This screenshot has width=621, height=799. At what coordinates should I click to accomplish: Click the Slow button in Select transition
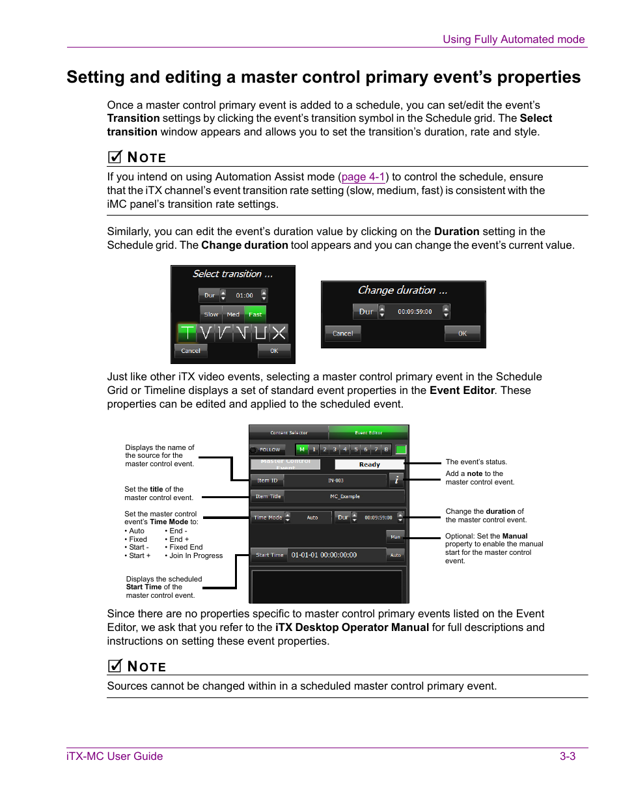[x=211, y=314]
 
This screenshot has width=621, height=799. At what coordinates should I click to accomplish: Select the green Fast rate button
[x=255, y=314]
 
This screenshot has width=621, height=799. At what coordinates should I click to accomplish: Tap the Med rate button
[x=233, y=314]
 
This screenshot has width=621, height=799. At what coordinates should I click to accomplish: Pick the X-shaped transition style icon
[x=279, y=333]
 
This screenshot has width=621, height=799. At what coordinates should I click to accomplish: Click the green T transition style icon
[x=187, y=333]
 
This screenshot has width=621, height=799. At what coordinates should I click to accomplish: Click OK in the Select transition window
[x=274, y=350]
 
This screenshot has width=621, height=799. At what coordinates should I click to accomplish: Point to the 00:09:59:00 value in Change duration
[x=415, y=312]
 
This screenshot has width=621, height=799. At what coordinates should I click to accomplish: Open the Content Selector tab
[x=289, y=433]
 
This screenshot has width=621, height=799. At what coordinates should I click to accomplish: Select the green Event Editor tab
[x=368, y=433]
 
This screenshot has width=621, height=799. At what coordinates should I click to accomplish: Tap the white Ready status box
[x=369, y=464]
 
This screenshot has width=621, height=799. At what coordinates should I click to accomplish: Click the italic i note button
[x=396, y=480]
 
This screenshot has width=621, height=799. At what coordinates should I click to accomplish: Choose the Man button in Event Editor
[x=395, y=537]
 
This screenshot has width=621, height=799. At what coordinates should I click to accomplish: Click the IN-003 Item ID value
[x=335, y=481]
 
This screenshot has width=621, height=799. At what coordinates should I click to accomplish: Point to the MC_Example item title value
[x=344, y=496]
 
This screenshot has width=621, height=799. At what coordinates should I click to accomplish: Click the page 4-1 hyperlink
[x=363, y=177]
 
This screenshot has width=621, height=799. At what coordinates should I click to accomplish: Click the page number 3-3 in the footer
[x=567, y=756]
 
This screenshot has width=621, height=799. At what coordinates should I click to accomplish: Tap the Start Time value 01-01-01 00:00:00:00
[x=324, y=555]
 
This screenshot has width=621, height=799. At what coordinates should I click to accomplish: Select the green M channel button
[x=302, y=449]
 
